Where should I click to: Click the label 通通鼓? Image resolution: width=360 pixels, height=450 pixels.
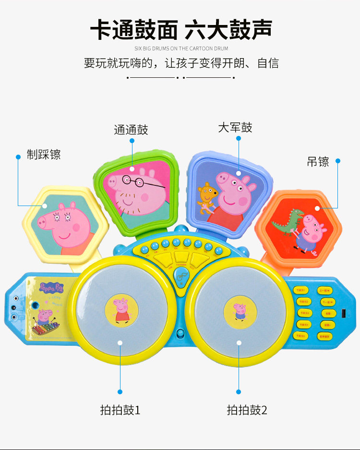131,130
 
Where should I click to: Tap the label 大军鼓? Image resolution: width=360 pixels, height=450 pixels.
235,127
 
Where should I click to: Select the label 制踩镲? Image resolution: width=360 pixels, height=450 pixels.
44,155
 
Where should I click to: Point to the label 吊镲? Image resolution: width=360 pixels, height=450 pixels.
318,161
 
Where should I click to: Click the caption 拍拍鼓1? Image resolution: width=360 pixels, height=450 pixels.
120,410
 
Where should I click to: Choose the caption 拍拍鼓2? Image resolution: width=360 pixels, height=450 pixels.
247,410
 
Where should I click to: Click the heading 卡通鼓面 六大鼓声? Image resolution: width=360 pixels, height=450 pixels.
181,29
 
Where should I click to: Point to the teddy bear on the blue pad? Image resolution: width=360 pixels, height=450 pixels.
207,197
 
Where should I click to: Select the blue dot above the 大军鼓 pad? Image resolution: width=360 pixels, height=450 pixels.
238,138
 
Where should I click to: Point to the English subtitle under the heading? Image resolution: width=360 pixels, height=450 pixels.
181,49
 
